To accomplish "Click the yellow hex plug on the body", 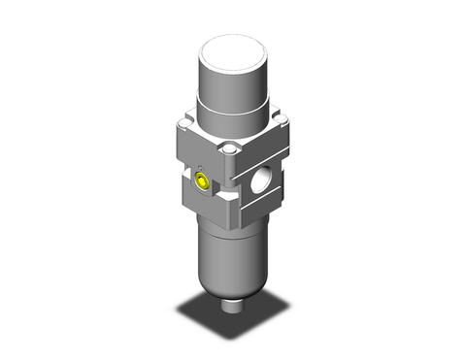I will pos(202,179).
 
